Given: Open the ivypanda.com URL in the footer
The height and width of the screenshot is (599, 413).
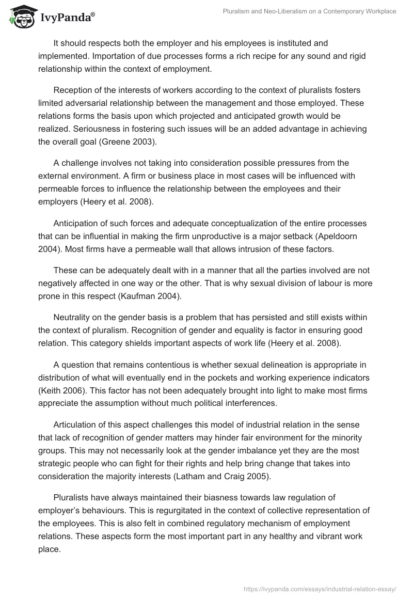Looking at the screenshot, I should coord(321,588).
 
